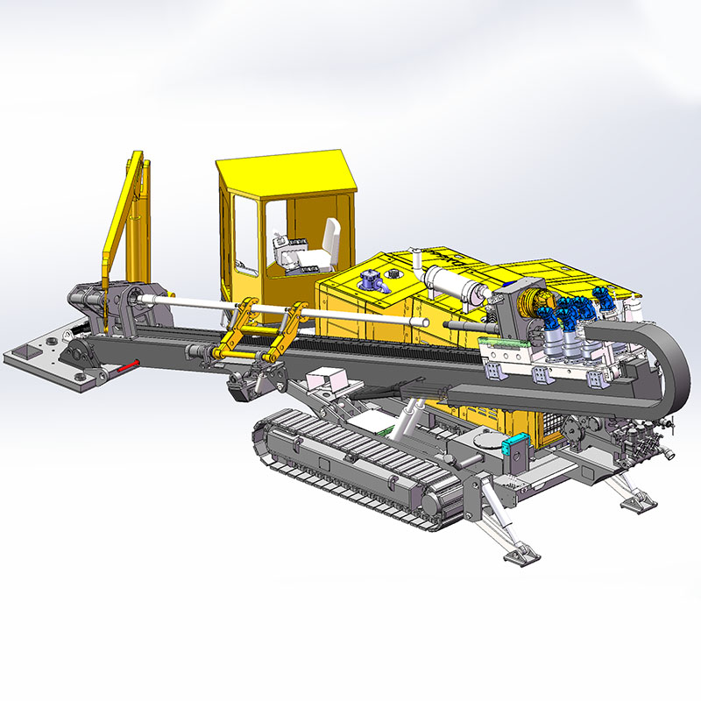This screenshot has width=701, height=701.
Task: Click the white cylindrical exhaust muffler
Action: click(454, 285)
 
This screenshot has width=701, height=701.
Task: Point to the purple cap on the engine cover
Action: click(369, 280)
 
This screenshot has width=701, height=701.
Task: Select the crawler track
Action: click(350, 464)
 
